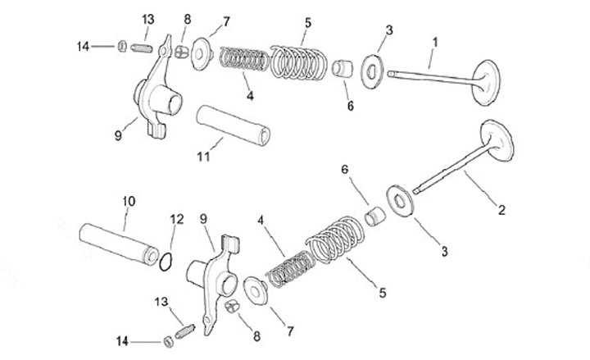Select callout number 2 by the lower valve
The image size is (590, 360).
(x=501, y=210)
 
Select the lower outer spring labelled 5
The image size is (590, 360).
(x=335, y=239)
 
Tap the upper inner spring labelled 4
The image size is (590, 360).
(x=245, y=60)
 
